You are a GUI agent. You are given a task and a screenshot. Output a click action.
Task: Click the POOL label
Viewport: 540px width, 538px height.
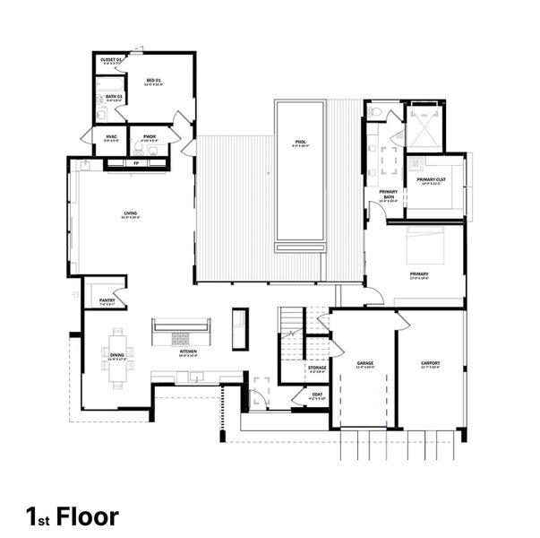point(300,142)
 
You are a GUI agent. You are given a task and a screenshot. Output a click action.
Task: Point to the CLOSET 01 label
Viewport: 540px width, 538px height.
point(111,59)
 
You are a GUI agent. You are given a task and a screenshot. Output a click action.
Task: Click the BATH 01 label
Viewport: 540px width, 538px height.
point(114,96)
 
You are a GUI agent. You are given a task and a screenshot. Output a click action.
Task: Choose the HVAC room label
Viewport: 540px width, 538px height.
point(110,136)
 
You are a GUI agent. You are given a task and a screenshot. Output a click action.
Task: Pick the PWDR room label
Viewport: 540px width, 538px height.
point(149,136)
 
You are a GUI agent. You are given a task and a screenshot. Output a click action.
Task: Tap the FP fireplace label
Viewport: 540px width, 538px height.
point(136,164)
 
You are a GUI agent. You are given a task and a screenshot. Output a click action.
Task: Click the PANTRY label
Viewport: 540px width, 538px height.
point(107,300)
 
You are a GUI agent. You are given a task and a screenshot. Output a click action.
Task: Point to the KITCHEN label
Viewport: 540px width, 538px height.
point(188,351)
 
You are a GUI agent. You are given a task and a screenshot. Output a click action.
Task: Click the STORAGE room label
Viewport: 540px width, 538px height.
point(317,367)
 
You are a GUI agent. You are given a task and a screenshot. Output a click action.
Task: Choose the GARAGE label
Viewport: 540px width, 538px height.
point(364,363)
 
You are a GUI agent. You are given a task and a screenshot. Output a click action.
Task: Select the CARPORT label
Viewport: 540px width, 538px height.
point(431,363)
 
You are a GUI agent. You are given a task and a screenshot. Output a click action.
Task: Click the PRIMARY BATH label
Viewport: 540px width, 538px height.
point(388,195)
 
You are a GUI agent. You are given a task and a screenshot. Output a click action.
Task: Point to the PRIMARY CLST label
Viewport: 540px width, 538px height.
point(433,179)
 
